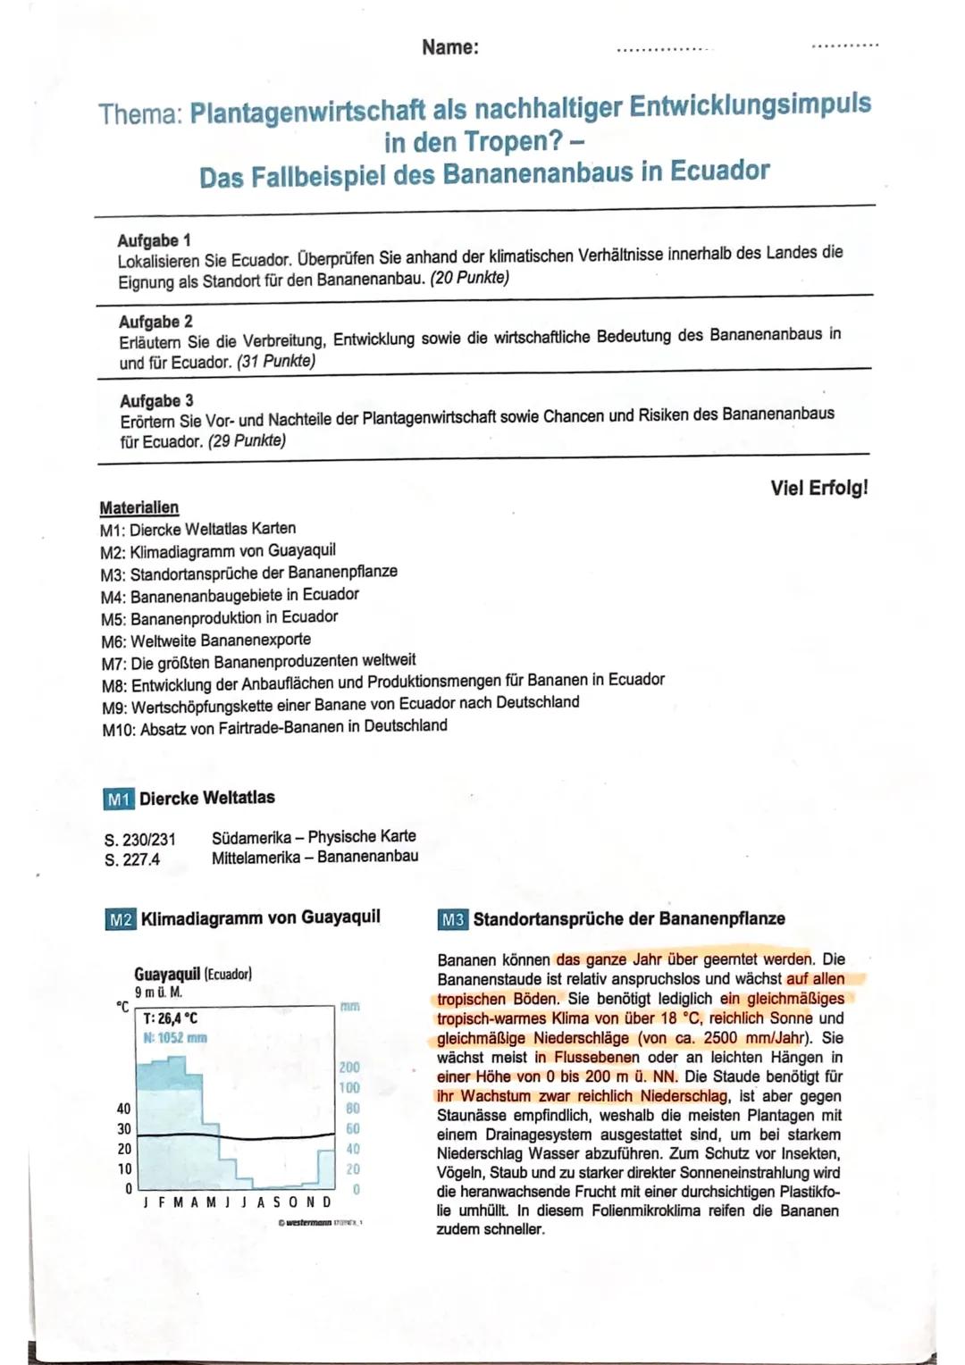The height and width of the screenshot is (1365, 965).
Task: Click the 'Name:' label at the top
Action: pos(450,47)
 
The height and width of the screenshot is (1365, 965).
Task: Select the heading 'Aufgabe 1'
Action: pos(154,240)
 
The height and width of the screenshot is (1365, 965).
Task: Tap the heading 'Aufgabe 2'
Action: pos(155,322)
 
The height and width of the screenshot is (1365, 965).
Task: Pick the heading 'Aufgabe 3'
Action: pos(156,401)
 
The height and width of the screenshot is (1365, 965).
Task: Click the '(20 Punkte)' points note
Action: pos(469,278)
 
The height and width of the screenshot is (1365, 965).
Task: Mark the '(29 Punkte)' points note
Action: pos(247,441)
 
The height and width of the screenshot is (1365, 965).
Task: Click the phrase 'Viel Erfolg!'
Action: pos(818,488)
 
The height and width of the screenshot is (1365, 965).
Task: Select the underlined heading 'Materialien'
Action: pos(138,507)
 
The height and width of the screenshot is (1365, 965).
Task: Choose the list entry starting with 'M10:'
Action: pos(274,727)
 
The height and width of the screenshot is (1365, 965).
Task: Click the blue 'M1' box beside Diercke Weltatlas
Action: pos(119,799)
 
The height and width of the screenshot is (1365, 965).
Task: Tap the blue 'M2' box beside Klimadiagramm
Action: pos(121,919)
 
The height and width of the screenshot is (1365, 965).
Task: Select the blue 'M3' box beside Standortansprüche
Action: pos(452,919)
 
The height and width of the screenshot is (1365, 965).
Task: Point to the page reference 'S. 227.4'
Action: pos(132,859)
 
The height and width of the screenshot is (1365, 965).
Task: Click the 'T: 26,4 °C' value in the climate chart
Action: pos(171,1018)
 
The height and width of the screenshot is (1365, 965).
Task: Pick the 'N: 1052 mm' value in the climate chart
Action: pos(175,1038)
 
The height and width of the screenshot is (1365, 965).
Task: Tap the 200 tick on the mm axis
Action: pos(349,1068)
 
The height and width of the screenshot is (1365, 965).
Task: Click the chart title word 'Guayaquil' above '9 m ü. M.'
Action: pos(167,974)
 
